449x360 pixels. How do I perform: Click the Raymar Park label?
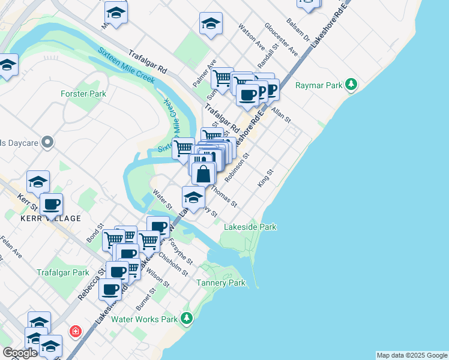(318, 85)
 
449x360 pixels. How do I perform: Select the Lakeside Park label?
(250, 227)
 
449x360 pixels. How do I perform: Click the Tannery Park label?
(221, 283)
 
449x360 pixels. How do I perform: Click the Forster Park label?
(83, 94)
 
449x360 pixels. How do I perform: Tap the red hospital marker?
(75, 331)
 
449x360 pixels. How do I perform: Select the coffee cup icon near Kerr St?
(52, 204)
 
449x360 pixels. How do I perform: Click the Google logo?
(20, 353)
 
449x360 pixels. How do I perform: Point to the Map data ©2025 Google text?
(412, 355)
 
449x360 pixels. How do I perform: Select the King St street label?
(265, 178)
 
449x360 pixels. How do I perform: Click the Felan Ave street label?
(11, 247)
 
